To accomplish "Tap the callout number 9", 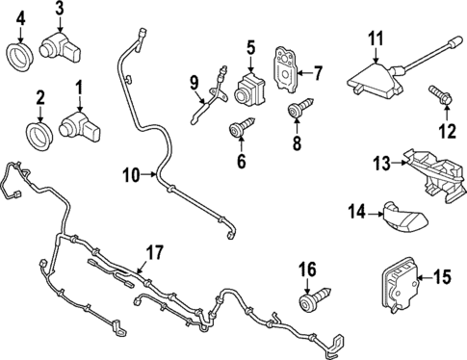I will (193, 81).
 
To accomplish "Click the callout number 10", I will (131, 174).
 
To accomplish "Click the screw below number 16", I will (311, 300).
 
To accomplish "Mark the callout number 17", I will (154, 253).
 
